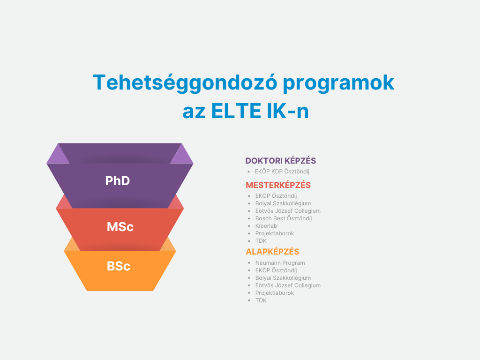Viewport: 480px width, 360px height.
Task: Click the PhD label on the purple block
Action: tap(118, 180)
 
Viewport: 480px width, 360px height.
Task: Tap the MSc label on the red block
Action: tap(120, 227)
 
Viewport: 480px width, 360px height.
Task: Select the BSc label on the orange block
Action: tap(119, 266)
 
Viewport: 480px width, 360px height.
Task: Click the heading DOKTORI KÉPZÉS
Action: tap(280, 161)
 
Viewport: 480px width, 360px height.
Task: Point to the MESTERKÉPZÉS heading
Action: tap(278, 185)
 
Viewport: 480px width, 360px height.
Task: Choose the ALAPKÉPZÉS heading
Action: tap(272, 252)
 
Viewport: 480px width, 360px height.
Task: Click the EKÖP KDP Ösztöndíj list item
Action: tap(282, 172)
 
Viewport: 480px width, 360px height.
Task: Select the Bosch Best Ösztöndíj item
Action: tap(284, 218)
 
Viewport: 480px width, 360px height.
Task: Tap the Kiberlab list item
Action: tap(266, 226)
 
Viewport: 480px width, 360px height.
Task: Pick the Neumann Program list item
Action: tap(280, 263)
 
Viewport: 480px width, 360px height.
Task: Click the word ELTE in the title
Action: tap(236, 111)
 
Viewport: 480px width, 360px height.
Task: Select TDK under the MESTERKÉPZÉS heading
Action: tap(261, 241)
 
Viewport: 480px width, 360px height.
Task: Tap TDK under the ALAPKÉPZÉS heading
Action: tap(261, 300)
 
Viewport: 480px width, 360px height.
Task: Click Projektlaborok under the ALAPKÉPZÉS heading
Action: tap(275, 293)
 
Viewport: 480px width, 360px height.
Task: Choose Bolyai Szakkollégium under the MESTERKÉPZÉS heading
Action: tap(283, 203)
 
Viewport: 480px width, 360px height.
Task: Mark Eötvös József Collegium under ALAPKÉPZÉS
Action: tap(288, 285)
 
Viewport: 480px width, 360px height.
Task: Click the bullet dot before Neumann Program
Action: tap(249, 263)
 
